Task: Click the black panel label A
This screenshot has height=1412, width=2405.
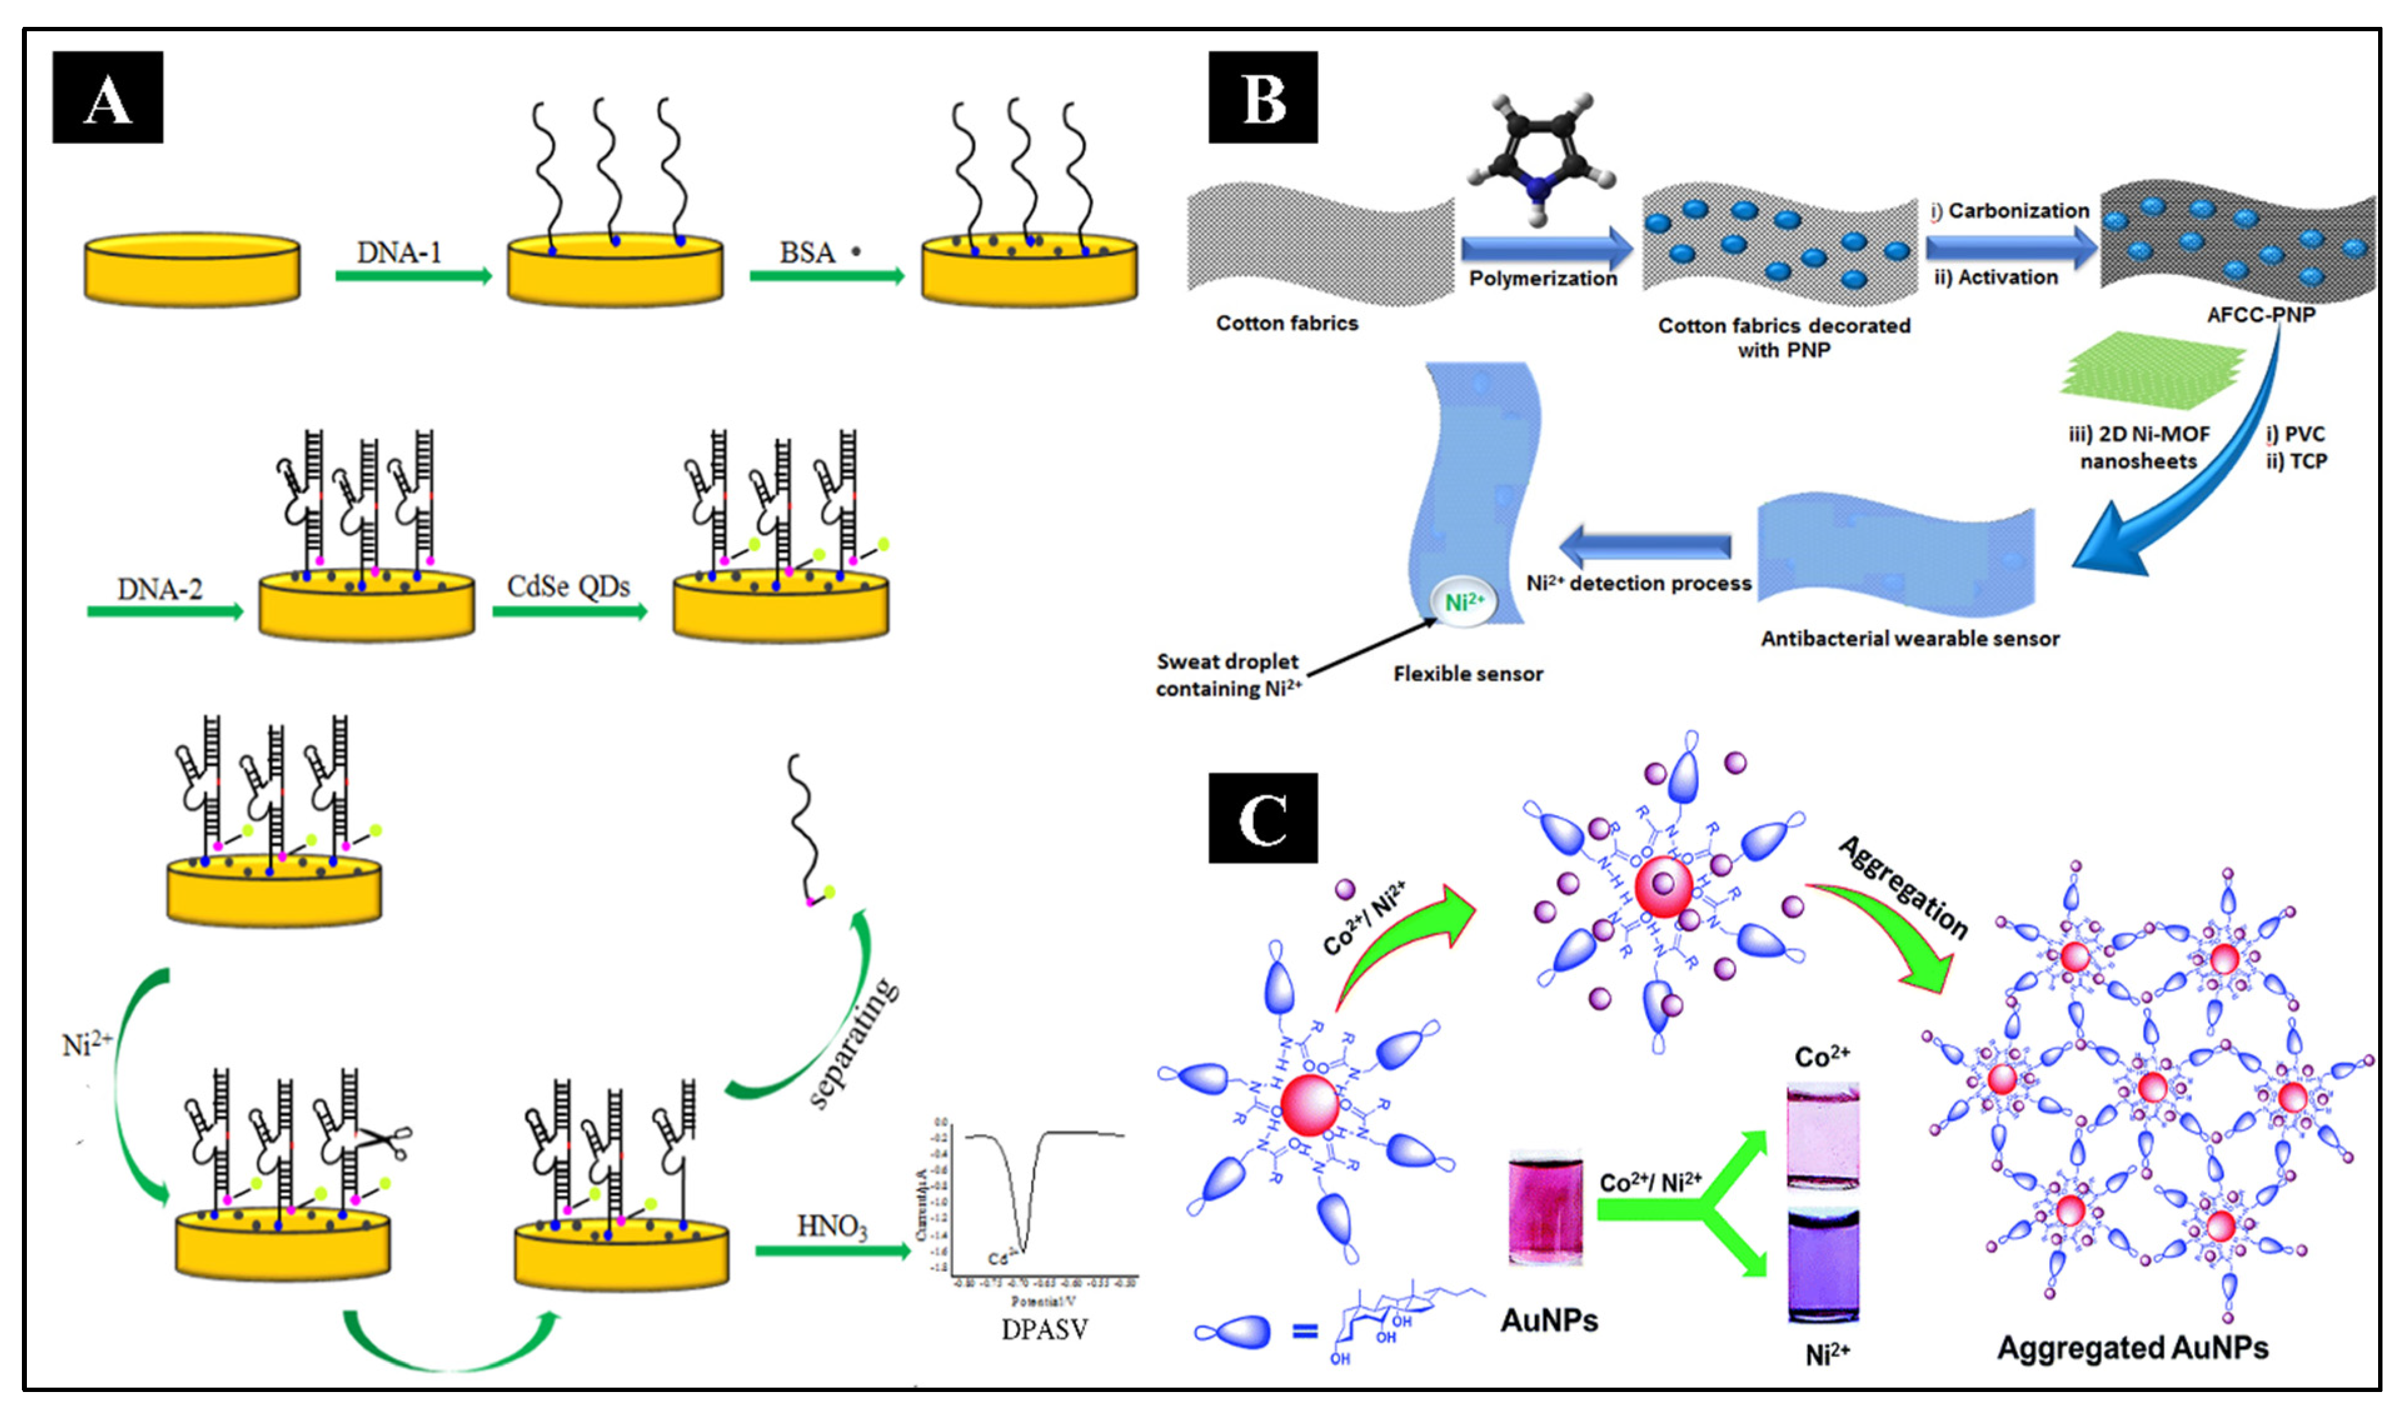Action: pyautogui.click(x=107, y=98)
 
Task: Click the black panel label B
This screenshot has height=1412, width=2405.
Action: pyautogui.click(x=1263, y=98)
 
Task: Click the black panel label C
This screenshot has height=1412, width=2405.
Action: pyautogui.click(x=1263, y=818)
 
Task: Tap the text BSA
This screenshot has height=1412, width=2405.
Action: pyautogui.click(x=807, y=253)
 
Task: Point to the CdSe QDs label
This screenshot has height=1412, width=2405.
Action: pyautogui.click(x=569, y=586)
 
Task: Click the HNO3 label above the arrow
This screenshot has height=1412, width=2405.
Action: pyautogui.click(x=832, y=1226)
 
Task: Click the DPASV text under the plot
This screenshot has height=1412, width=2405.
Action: pyautogui.click(x=1044, y=1329)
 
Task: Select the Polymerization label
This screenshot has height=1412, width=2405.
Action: pyautogui.click(x=1542, y=279)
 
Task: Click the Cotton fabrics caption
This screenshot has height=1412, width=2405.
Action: pyautogui.click(x=1286, y=323)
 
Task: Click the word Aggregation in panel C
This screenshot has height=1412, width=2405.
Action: pyautogui.click(x=1904, y=888)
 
